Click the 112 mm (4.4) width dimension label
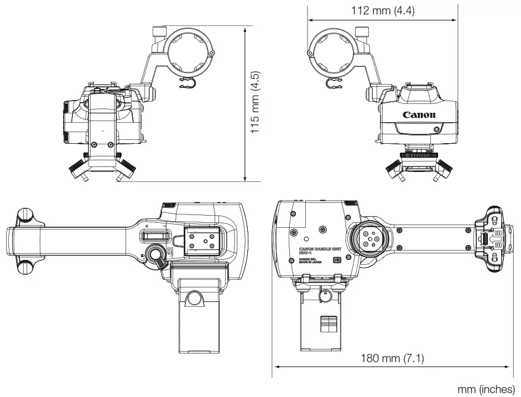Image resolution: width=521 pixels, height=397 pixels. pyautogui.click(x=383, y=10)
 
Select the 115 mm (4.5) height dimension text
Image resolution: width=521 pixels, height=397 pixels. pyautogui.click(x=255, y=103)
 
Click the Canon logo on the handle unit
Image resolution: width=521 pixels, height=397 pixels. pyautogui.click(x=419, y=116)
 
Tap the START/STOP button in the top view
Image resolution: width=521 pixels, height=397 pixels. pyautogui.click(x=159, y=262)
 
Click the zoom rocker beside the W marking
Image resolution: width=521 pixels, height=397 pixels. pyautogui.click(x=152, y=237)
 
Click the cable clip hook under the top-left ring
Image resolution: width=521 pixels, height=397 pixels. pyautogui.click(x=187, y=84)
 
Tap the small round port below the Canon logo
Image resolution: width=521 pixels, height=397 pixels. pyautogui.click(x=437, y=129)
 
